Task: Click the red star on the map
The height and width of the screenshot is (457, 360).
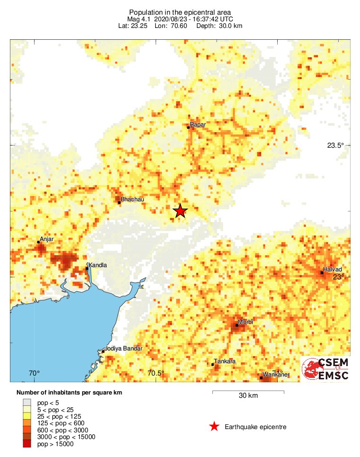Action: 180,211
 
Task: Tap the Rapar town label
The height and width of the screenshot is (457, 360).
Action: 198,124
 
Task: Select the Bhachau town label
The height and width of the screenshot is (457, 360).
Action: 132,199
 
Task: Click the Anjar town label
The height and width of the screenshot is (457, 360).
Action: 47,239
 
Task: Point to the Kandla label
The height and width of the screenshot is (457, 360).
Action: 97,265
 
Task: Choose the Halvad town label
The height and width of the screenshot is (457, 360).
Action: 332,269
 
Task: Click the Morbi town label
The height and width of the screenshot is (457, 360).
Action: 245,322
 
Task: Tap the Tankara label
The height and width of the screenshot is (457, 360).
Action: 225,361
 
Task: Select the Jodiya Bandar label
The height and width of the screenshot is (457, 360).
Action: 123,349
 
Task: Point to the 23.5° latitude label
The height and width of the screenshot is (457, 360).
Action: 335,145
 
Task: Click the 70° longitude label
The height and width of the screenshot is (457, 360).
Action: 35,373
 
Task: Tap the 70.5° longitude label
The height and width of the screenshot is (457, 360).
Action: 156,373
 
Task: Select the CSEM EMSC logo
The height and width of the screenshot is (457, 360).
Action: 326,369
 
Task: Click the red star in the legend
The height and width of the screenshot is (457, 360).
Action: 214,427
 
